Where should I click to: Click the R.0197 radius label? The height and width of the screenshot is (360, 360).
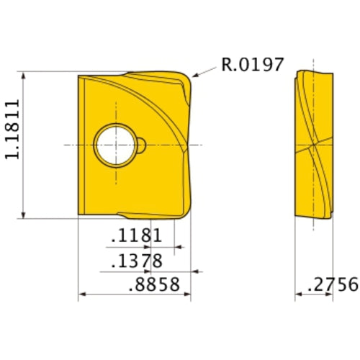253,66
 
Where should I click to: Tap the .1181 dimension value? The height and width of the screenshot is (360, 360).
136,237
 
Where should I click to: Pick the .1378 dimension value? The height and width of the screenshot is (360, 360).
136,261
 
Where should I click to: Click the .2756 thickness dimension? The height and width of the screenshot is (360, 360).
332,284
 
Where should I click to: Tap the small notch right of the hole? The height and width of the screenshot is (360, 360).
143,145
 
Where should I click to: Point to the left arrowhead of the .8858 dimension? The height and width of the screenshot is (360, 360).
81,294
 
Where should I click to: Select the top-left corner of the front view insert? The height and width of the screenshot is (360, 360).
78,75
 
